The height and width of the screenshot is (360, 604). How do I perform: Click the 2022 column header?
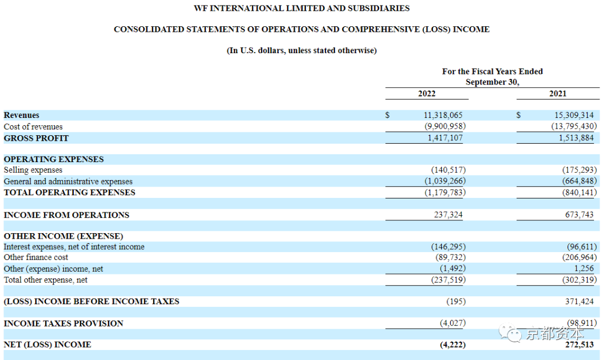(x=427, y=93)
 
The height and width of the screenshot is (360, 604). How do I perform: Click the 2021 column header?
(x=558, y=93)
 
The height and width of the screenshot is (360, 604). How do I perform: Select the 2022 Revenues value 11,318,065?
(x=443, y=115)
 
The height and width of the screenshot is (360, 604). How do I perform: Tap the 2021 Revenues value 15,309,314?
(x=574, y=115)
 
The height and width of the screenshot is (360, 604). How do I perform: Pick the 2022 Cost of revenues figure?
(x=445, y=126)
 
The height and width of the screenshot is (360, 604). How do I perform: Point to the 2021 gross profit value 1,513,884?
(x=576, y=138)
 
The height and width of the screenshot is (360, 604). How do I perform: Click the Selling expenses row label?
(x=33, y=170)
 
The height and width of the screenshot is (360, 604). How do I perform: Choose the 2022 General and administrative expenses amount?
(x=445, y=181)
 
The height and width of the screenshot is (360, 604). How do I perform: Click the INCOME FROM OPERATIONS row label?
(x=67, y=215)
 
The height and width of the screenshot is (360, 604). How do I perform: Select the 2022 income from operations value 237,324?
(x=449, y=215)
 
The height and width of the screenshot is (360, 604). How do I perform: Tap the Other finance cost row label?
(x=36, y=257)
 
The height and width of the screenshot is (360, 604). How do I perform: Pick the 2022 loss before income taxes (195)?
(x=456, y=301)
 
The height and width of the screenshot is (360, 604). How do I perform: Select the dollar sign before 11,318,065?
(x=388, y=115)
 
